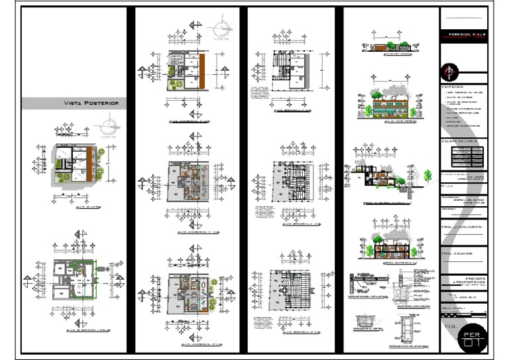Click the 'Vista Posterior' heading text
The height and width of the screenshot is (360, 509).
tap(91, 103)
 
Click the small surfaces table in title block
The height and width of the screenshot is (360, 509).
tap(463, 155)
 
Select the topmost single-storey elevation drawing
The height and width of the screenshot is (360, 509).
tap(387, 46)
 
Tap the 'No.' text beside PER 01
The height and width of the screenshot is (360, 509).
tap(450, 327)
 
